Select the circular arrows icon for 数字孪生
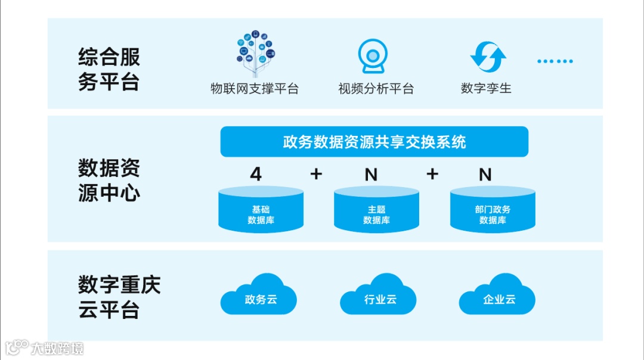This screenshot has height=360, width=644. (x=488, y=57)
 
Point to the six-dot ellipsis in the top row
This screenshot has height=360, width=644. (x=555, y=61)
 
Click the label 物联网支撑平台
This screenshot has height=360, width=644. (x=255, y=89)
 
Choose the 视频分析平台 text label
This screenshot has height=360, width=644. (x=376, y=89)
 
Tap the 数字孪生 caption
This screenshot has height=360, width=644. (x=486, y=89)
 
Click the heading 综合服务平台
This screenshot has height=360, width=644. (x=109, y=70)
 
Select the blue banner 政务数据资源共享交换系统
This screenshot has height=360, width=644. (x=374, y=142)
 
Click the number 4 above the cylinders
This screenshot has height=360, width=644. (x=256, y=174)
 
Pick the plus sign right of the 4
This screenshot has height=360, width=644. (x=316, y=174)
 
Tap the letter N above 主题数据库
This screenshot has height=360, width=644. (x=371, y=174)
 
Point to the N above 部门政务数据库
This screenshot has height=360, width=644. (x=485, y=174)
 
